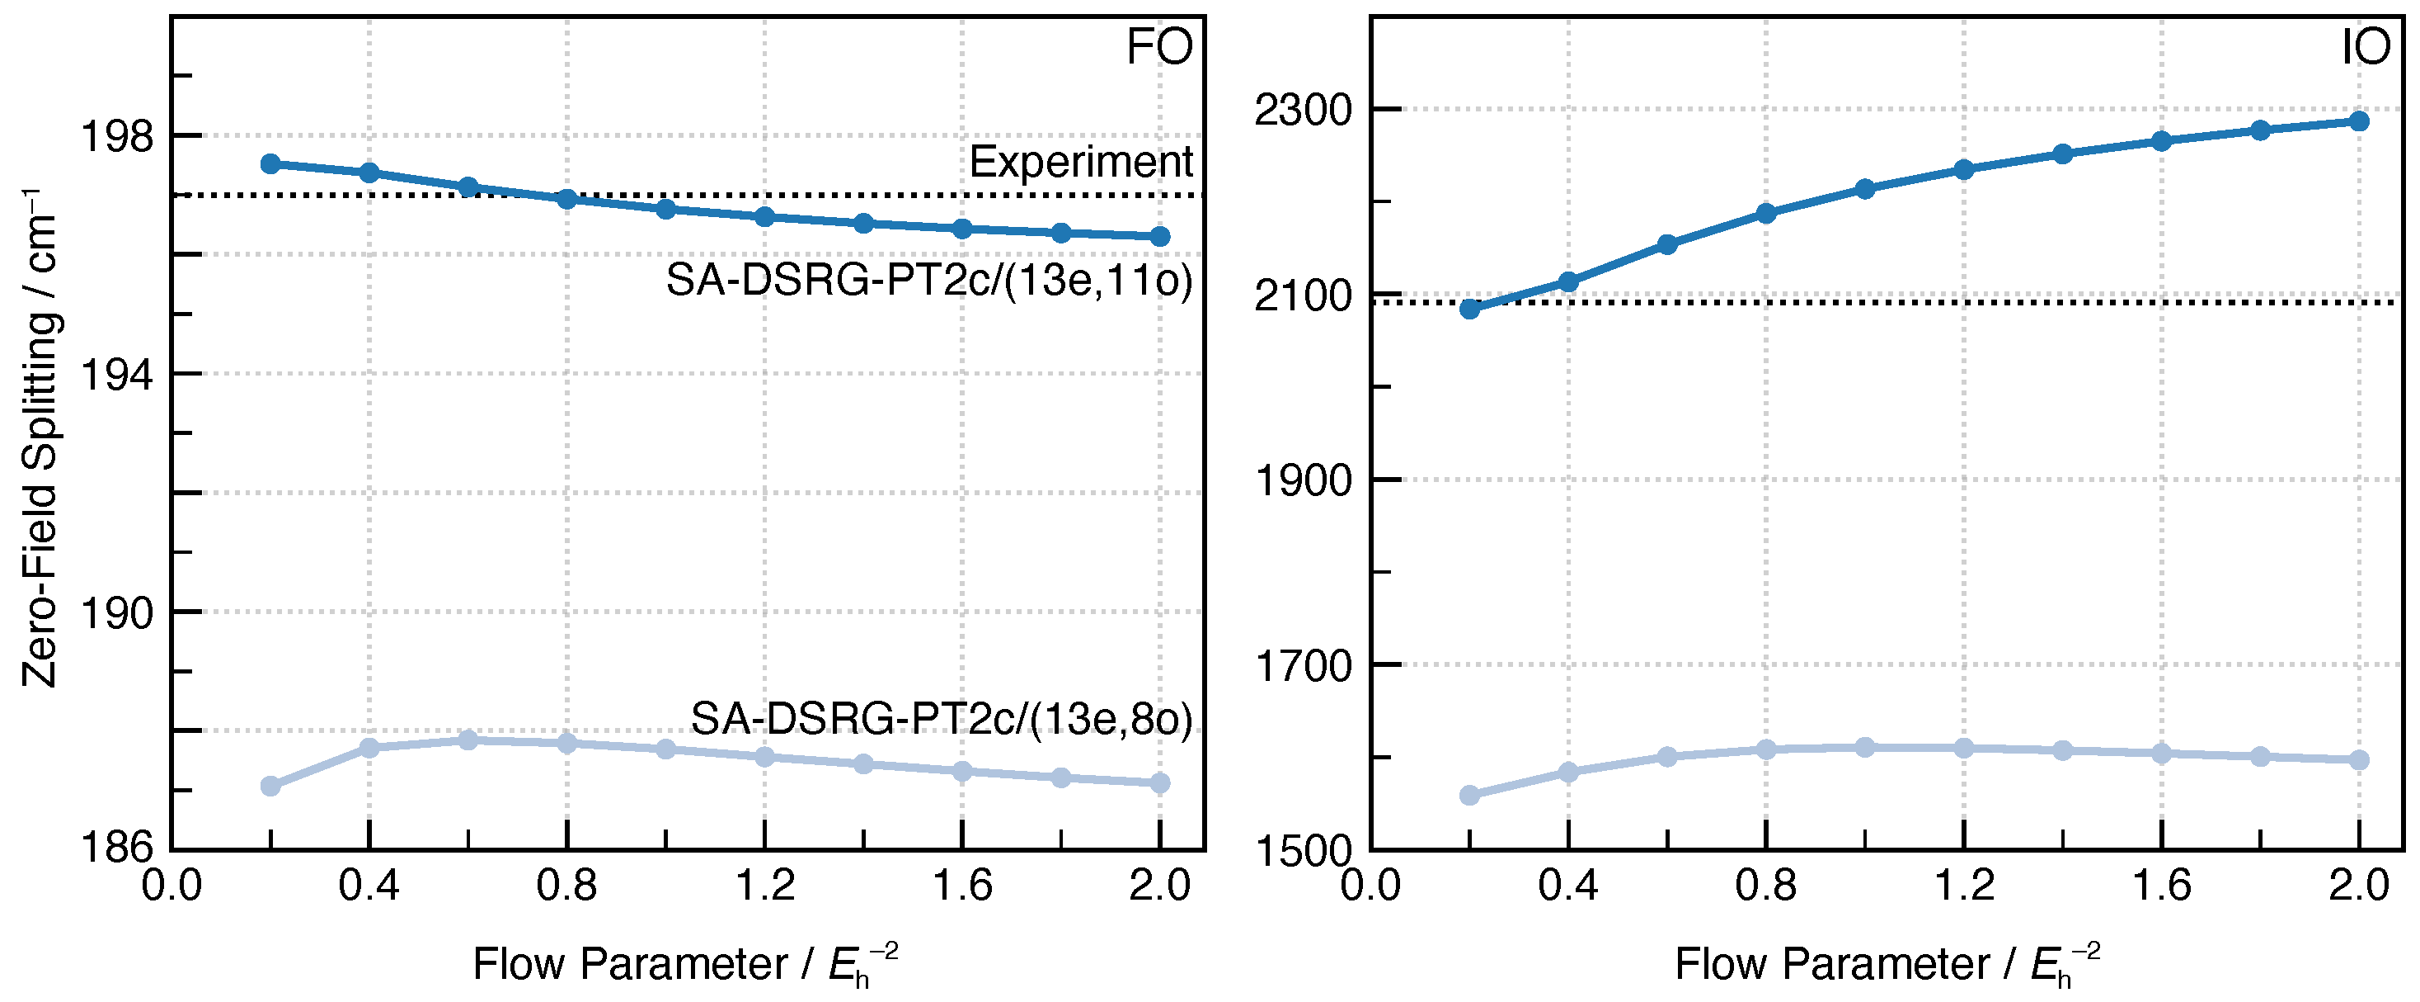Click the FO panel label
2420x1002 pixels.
tap(1159, 47)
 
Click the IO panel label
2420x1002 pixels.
tap(2365, 47)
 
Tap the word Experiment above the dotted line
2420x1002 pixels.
tap(1080, 162)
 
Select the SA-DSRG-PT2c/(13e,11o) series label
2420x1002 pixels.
tap(929, 280)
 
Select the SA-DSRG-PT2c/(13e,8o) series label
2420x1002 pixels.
tap(942, 719)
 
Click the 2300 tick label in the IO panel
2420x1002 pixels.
tap(1302, 110)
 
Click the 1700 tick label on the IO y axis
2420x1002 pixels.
tap(1302, 665)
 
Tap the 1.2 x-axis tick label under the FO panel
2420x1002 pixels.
tap(764, 886)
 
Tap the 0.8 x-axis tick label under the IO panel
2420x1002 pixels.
tap(1766, 886)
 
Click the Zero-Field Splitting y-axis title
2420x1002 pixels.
tap(40, 438)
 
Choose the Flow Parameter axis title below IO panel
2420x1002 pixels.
tap(1887, 964)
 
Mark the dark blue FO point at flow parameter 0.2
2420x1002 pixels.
tap(270, 164)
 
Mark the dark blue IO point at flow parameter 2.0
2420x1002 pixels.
tap(2359, 121)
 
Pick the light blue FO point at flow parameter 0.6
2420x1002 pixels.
tap(468, 740)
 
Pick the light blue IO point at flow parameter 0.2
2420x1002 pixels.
tap(1470, 795)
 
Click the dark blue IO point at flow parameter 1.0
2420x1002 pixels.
tap(1865, 189)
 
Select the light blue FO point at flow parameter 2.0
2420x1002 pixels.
tap(1160, 782)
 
